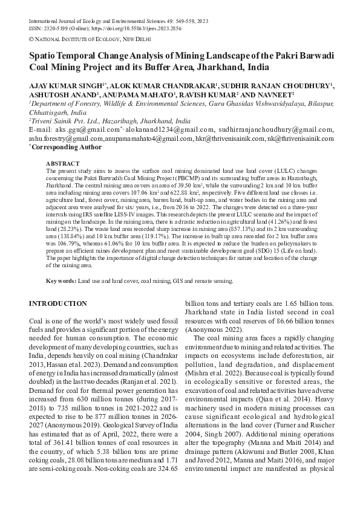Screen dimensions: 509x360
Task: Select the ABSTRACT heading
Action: pos(62,164)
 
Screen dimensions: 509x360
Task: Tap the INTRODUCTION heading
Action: pos(58,303)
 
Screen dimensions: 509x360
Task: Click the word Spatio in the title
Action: pos(46,56)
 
